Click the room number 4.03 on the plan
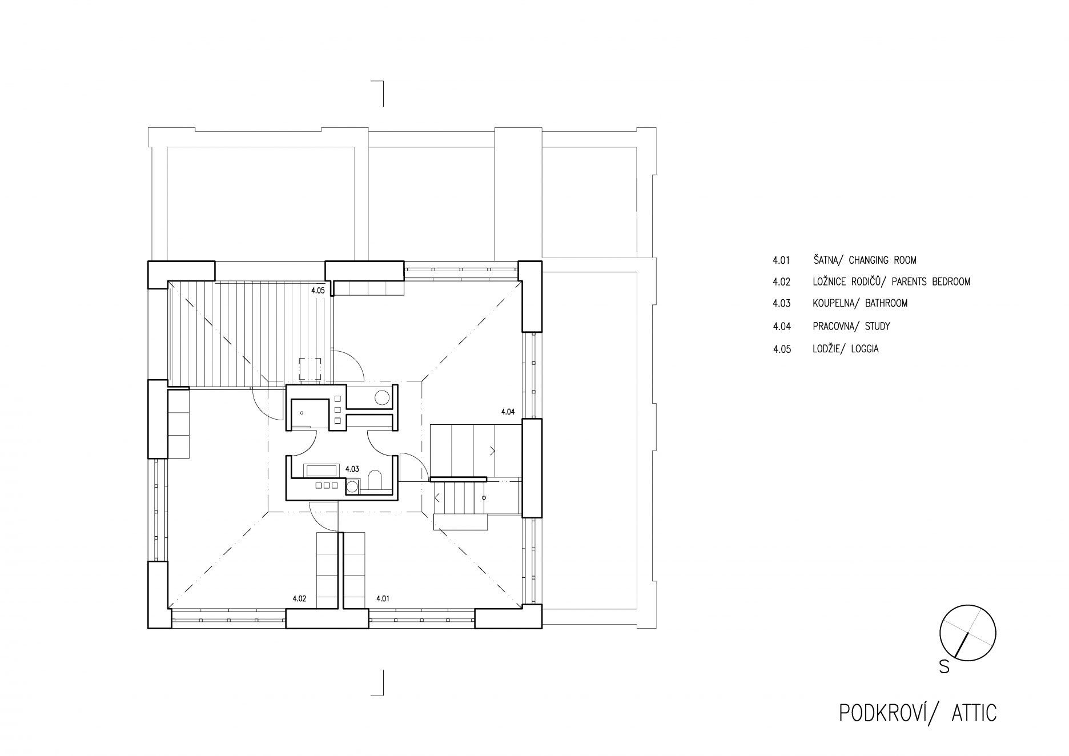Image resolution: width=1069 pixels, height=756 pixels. click(x=352, y=469)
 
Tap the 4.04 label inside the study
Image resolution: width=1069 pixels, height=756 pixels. click(x=508, y=411)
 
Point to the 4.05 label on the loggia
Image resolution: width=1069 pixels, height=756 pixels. click(x=318, y=290)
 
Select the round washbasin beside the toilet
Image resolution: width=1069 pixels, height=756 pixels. click(x=352, y=486)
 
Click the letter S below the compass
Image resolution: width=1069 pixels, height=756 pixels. click(x=945, y=666)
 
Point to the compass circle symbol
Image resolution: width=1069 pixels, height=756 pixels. click(x=968, y=605)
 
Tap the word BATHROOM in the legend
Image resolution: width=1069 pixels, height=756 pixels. click(x=886, y=303)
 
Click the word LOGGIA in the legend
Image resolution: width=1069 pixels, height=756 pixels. click(x=865, y=349)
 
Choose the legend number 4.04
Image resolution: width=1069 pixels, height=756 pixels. click(x=782, y=327)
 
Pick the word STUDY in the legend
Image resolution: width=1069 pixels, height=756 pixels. click(x=878, y=327)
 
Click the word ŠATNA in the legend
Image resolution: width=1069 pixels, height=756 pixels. click(x=826, y=260)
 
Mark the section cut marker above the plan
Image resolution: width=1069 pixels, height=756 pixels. click(x=377, y=94)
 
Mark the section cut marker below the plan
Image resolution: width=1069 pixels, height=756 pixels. click(x=377, y=682)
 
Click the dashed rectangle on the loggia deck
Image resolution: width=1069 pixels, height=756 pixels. click(x=311, y=369)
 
